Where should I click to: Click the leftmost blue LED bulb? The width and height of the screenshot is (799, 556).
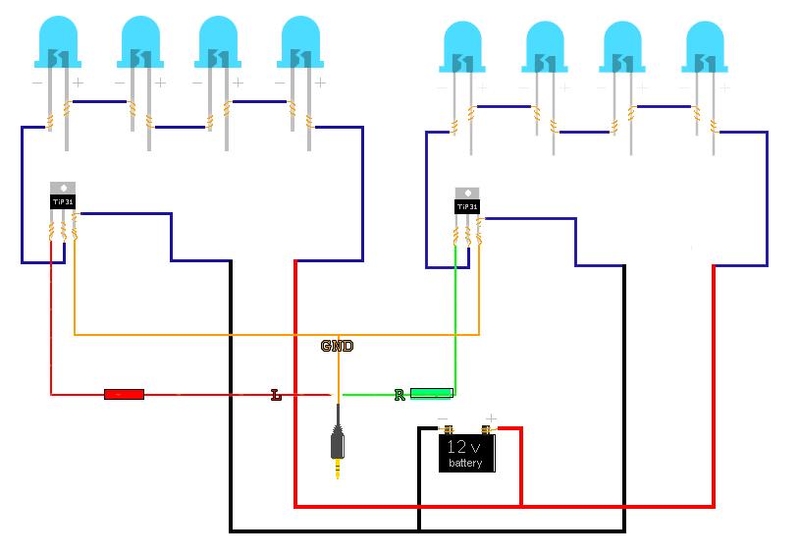(x=57, y=44)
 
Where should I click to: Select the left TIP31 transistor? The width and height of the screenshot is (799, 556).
(x=62, y=198)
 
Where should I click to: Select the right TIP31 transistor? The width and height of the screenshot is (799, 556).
(x=467, y=203)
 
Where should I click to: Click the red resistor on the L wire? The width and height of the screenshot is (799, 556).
(x=124, y=394)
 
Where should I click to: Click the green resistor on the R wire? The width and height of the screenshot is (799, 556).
(x=430, y=393)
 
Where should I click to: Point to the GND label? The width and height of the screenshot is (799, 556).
(x=337, y=346)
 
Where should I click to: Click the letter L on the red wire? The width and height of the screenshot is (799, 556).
(x=276, y=395)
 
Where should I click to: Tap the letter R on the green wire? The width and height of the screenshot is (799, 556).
(x=399, y=395)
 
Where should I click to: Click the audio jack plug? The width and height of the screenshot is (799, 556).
(x=338, y=447)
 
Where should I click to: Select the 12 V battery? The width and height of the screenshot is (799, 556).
(x=466, y=453)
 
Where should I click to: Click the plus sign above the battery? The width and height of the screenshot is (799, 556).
(x=491, y=419)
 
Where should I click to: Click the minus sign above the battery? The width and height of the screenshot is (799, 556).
(x=443, y=419)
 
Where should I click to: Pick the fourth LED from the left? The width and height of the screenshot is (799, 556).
(x=301, y=44)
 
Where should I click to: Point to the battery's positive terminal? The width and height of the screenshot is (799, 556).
(x=486, y=429)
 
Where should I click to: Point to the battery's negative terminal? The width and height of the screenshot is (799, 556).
(x=447, y=429)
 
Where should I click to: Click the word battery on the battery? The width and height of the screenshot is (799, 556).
(x=466, y=463)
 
